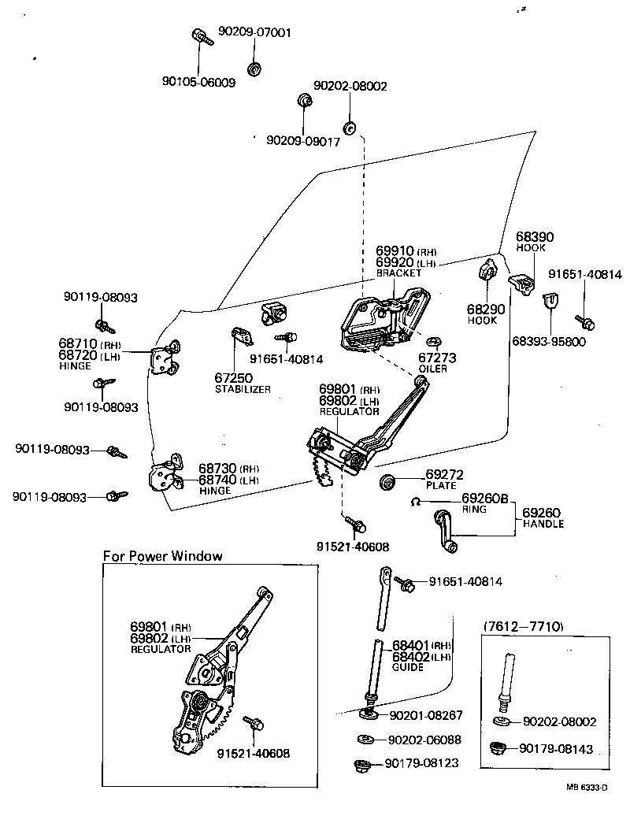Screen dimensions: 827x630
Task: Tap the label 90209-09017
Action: pyautogui.click(x=303, y=141)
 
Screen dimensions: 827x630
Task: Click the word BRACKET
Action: pyautogui.click(x=399, y=272)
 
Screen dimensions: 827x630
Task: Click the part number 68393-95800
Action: pyautogui.click(x=549, y=342)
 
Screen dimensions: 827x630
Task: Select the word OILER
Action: pyautogui.click(x=433, y=369)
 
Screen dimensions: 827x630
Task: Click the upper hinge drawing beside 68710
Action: pyautogui.click(x=165, y=358)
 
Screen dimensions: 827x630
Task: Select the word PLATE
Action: pyautogui.click(x=441, y=486)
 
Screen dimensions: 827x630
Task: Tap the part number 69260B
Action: pyautogui.click(x=485, y=498)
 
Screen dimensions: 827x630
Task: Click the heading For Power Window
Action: pyautogui.click(x=163, y=555)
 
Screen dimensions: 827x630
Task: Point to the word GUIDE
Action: pyautogui.click(x=408, y=667)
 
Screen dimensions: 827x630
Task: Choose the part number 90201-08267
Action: pyautogui.click(x=425, y=715)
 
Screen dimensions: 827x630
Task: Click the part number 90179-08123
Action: pyautogui.click(x=421, y=763)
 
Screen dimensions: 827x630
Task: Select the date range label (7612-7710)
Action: pyautogui.click(x=521, y=626)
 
